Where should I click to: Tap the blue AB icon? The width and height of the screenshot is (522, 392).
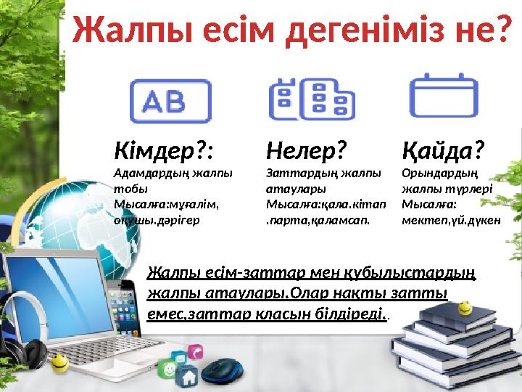170,100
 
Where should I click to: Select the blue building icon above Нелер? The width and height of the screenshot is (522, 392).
311,99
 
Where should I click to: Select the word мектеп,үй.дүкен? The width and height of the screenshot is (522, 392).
450,219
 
